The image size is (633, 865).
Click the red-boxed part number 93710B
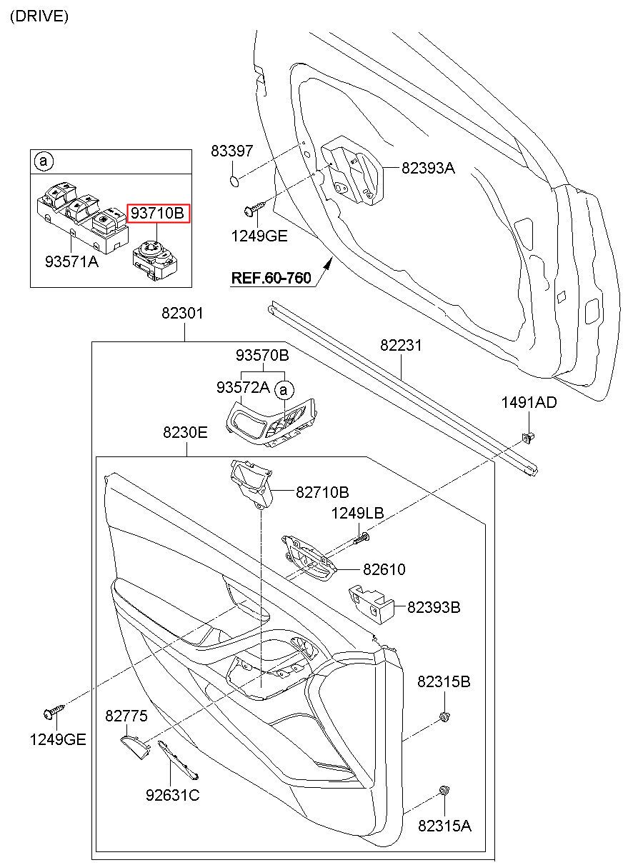pos(157,212)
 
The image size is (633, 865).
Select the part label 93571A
pos(71,262)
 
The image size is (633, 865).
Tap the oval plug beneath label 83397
pos(234,178)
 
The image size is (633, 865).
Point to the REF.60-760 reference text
pos(271,278)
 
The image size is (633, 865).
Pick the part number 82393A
pos(428,169)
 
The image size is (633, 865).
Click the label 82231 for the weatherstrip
pos(401,346)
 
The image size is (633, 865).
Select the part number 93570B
pos(263,355)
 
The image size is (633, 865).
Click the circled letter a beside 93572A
pos(284,389)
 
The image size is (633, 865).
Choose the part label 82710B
pos(322,491)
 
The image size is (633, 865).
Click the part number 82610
pos(384,569)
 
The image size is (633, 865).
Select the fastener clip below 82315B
pos(444,716)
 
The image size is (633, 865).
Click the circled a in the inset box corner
pos(43,162)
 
